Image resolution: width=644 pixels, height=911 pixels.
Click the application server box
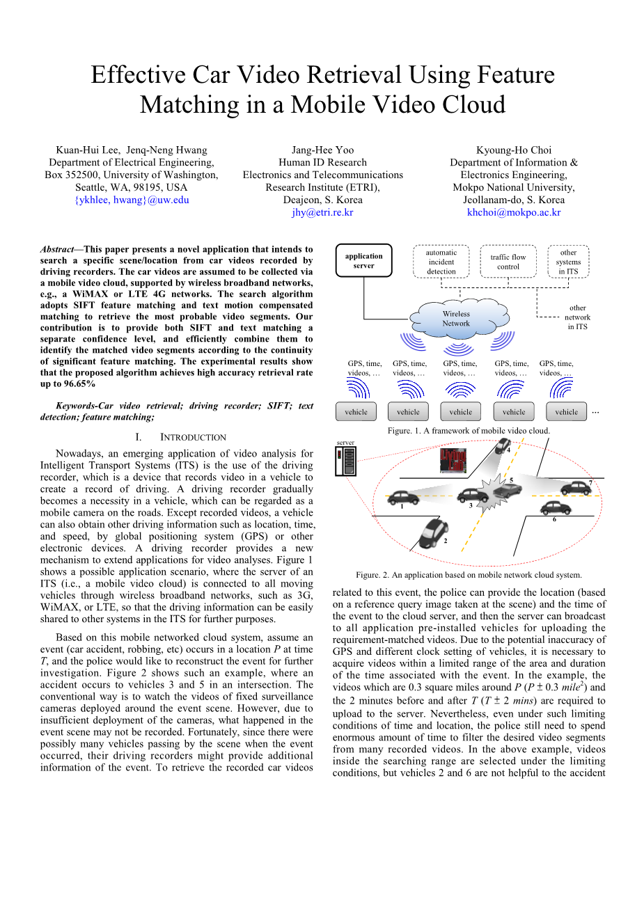tap(363, 261)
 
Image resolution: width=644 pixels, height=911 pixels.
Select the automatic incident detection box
tap(441, 262)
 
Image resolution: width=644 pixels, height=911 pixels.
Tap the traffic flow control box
tap(508, 262)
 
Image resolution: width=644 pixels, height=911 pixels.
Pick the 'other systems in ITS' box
tap(568, 262)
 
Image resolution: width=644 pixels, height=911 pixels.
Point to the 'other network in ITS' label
tap(577, 317)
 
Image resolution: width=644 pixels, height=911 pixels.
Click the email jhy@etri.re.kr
tap(322, 212)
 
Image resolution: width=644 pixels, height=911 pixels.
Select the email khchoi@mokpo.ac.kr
tap(514, 212)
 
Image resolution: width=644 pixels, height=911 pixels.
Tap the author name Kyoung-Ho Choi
tap(514, 150)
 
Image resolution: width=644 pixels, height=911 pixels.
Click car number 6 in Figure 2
tap(555, 507)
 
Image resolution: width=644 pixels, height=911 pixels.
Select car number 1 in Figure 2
tap(403, 497)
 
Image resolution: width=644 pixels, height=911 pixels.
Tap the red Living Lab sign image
tap(453, 460)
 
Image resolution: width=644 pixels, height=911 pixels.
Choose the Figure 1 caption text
tap(469, 430)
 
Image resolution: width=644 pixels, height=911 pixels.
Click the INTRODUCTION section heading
tap(193, 437)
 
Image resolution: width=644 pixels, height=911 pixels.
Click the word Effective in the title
tap(138, 74)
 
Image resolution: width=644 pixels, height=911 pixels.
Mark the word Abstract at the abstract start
tap(57, 249)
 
